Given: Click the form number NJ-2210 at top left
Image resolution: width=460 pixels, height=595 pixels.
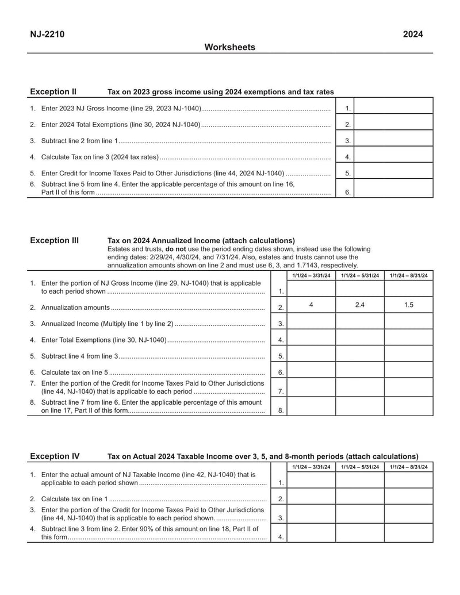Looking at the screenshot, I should point(47,34).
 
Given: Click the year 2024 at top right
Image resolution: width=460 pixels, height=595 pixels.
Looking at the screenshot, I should point(413,34).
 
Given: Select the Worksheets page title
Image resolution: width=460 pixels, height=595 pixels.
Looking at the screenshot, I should point(229,47).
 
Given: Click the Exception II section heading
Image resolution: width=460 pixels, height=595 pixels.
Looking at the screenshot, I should point(53,91).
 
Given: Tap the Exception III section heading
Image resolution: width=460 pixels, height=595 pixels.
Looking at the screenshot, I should point(54,240).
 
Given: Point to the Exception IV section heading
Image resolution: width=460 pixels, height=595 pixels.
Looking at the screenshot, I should point(55,456).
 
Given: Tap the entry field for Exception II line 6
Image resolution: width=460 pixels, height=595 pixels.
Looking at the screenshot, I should point(393,189).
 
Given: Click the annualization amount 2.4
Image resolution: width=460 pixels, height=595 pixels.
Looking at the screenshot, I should point(359,305).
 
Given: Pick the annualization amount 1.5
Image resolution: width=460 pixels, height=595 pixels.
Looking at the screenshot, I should point(408,305).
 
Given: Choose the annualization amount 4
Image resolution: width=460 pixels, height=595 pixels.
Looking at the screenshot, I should point(311,305).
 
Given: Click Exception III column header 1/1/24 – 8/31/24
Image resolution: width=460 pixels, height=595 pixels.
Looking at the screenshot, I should point(408,276).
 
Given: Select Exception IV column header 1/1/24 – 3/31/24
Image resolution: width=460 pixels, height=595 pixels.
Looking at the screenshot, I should point(311,467).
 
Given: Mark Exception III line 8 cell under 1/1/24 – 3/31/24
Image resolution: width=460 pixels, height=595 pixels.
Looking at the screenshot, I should point(311,406).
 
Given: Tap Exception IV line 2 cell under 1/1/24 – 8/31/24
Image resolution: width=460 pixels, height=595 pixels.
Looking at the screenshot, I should point(408,497).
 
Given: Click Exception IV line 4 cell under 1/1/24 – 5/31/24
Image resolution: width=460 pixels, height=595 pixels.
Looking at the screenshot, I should point(359,532).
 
